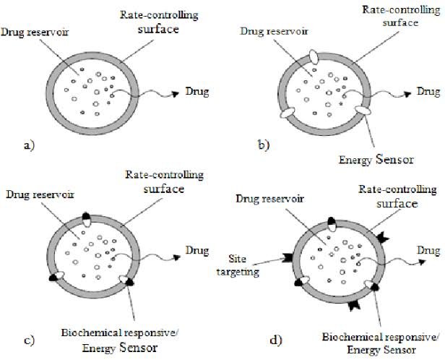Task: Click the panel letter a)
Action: tap(30, 145)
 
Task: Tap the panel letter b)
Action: tap(264, 145)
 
